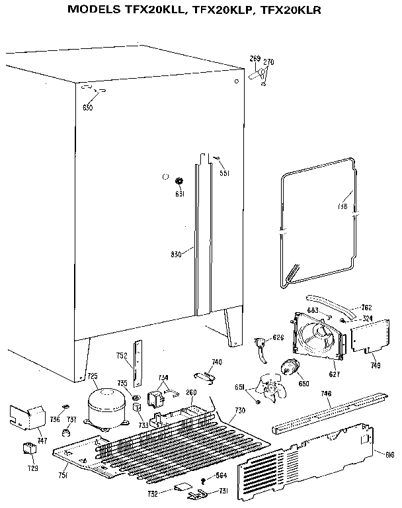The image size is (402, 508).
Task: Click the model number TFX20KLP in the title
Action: click(223, 10)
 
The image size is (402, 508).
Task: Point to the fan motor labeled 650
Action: click(290, 368)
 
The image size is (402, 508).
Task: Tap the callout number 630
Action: click(87, 107)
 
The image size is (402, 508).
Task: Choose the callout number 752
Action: click(122, 356)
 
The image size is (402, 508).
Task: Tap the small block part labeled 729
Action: click(30, 448)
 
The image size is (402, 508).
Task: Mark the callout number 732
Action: click(151, 493)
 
